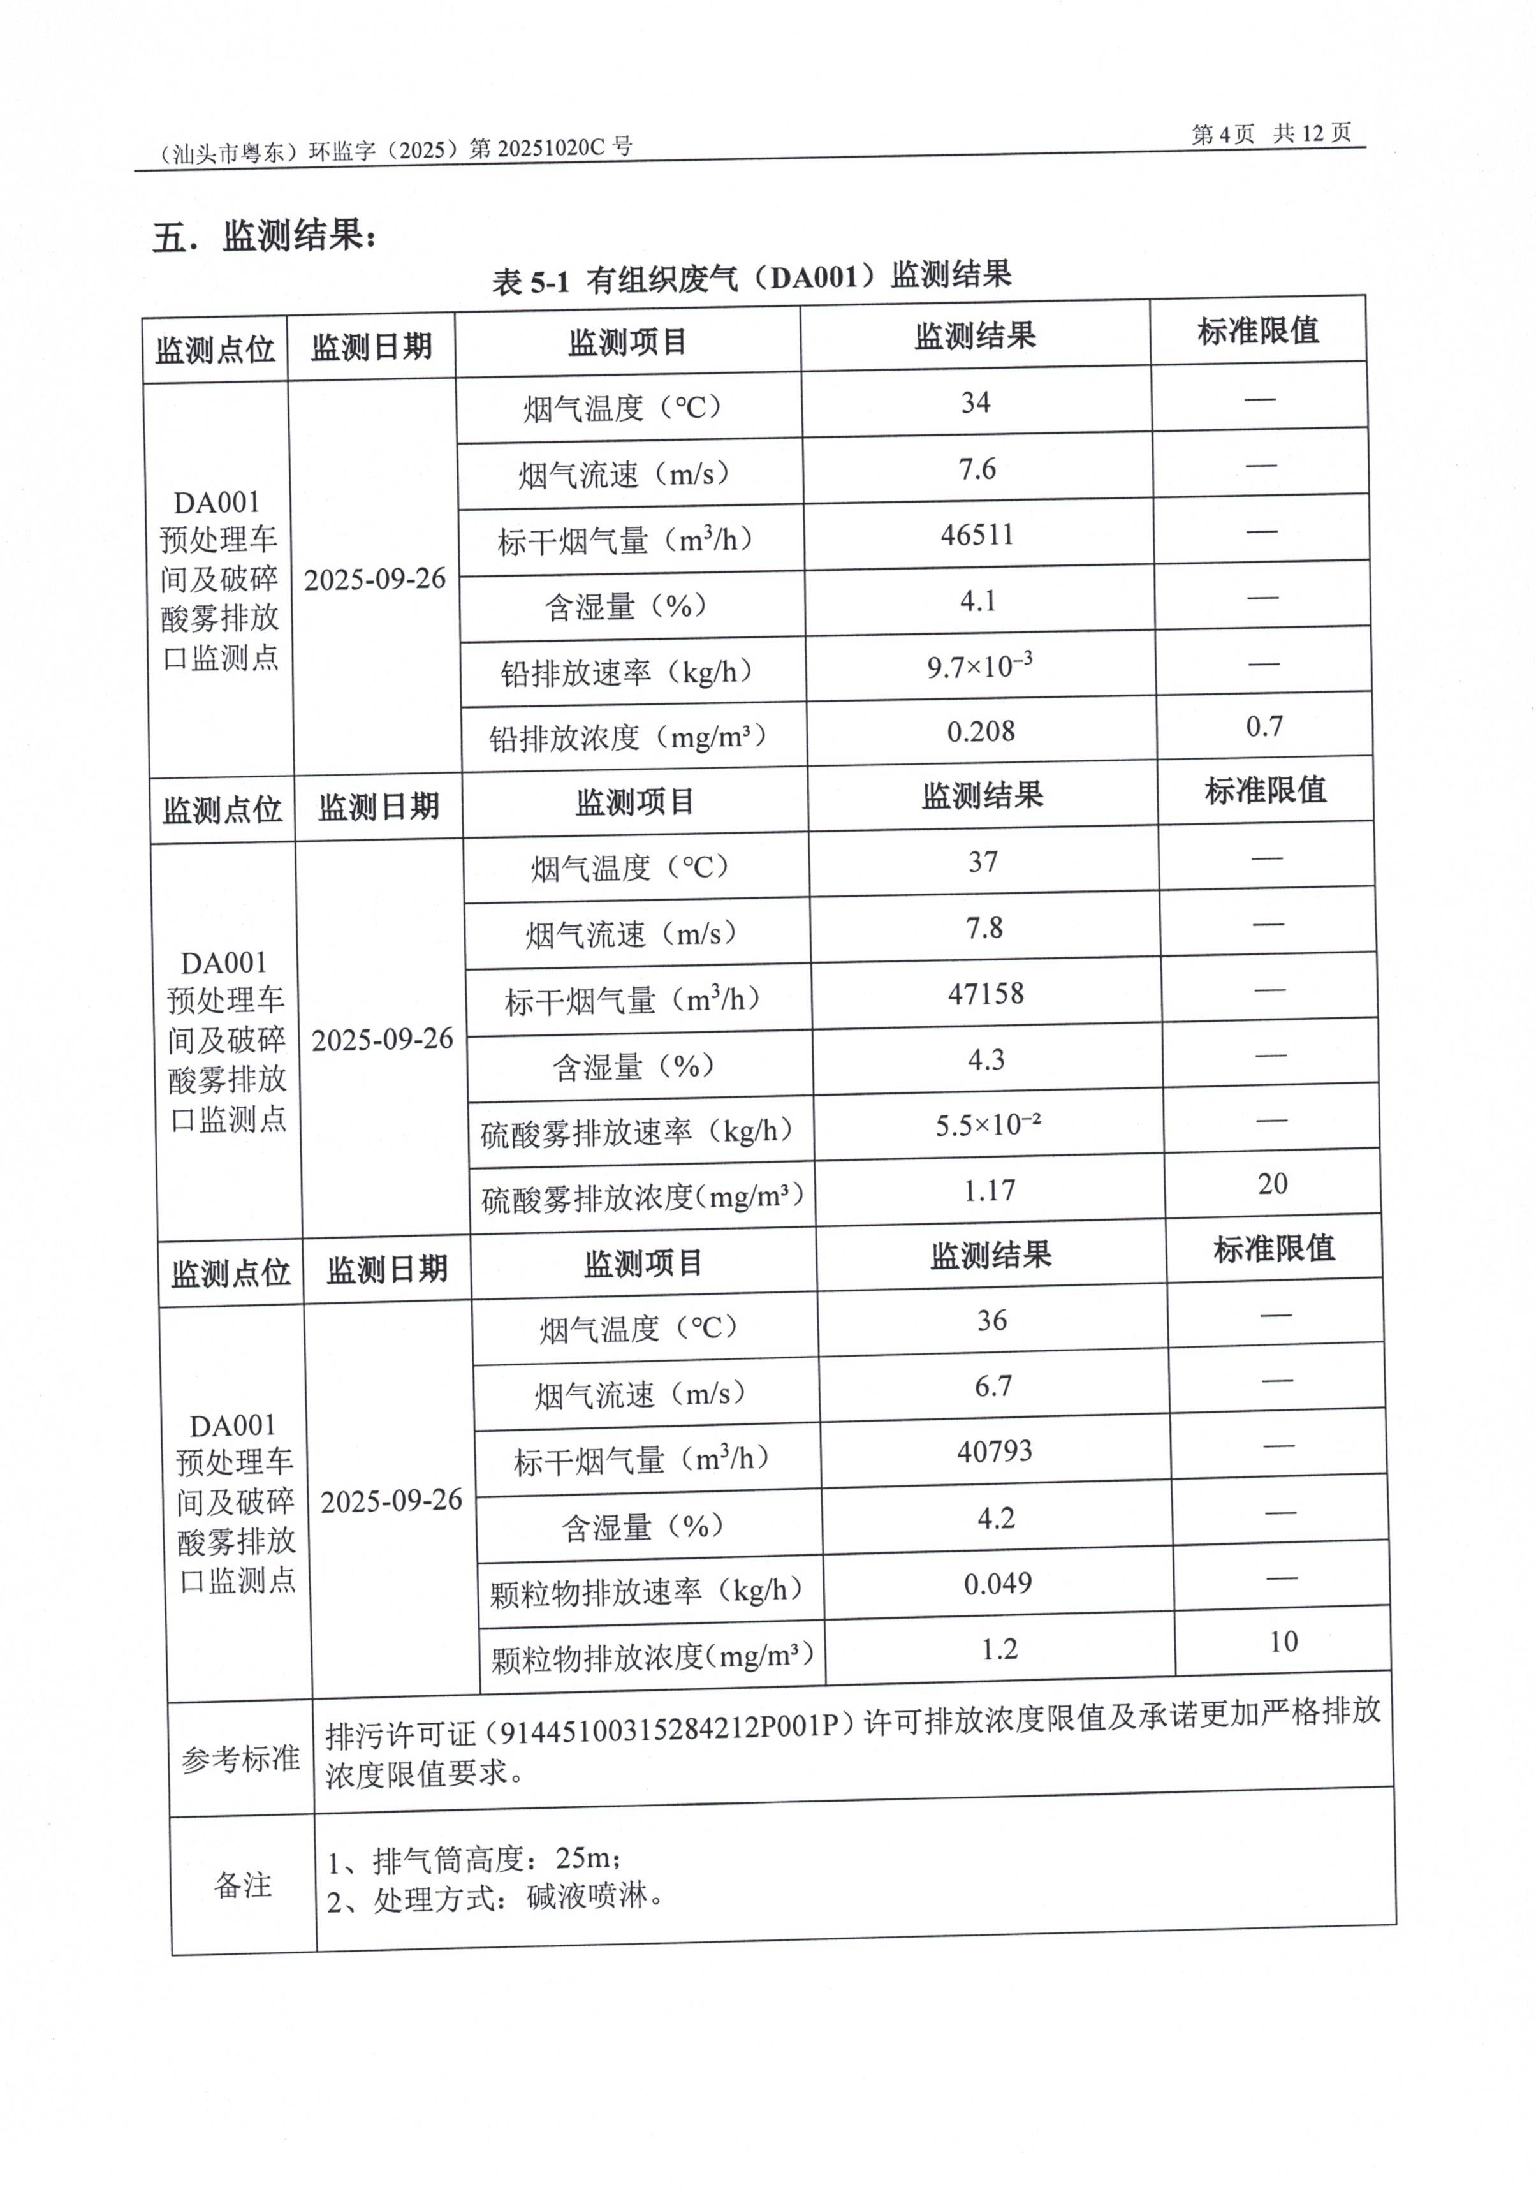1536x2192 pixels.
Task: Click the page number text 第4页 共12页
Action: (1271, 134)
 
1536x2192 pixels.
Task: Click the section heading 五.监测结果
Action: (265, 235)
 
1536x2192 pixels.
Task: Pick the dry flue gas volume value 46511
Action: (977, 534)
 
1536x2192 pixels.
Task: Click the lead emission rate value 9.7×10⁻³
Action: (979, 665)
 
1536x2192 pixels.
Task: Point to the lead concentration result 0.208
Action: (981, 732)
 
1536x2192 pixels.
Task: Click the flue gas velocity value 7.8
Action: (984, 928)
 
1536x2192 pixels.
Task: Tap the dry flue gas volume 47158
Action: (985, 994)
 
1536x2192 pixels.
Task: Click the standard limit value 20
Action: (1273, 1184)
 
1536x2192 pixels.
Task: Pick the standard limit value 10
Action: (1283, 1642)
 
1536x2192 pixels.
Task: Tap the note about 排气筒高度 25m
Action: (474, 1859)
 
